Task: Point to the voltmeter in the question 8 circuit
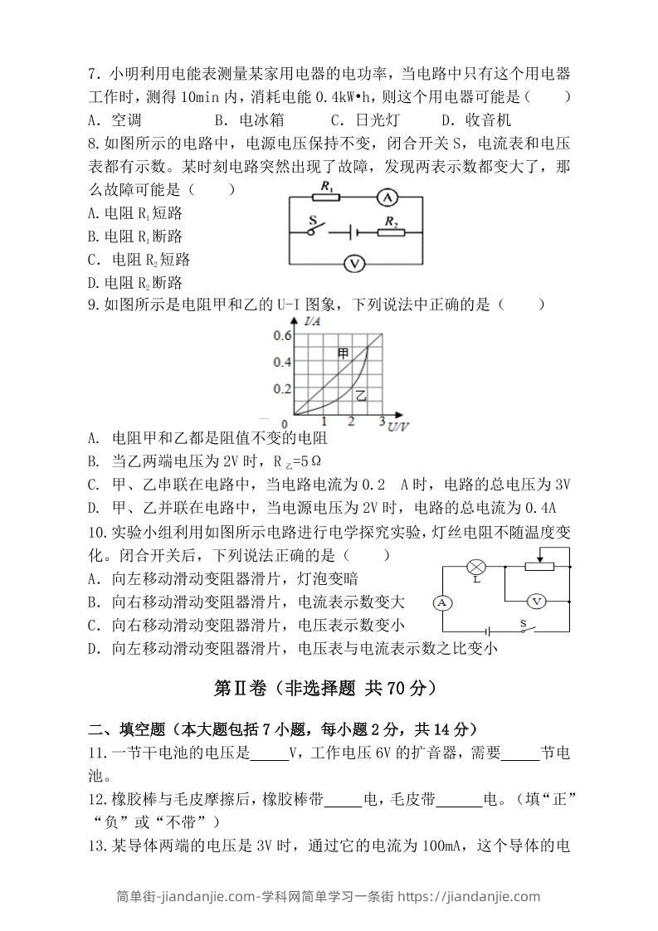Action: (354, 264)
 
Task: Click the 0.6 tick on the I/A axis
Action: (282, 335)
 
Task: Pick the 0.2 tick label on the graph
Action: (282, 388)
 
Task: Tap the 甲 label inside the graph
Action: (344, 353)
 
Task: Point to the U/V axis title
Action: (397, 427)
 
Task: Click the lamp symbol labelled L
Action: (476, 568)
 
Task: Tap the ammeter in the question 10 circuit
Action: (442, 602)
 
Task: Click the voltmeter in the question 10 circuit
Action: (536, 600)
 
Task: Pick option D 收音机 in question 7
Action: (476, 119)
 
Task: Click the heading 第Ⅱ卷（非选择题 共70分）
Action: (325, 688)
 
